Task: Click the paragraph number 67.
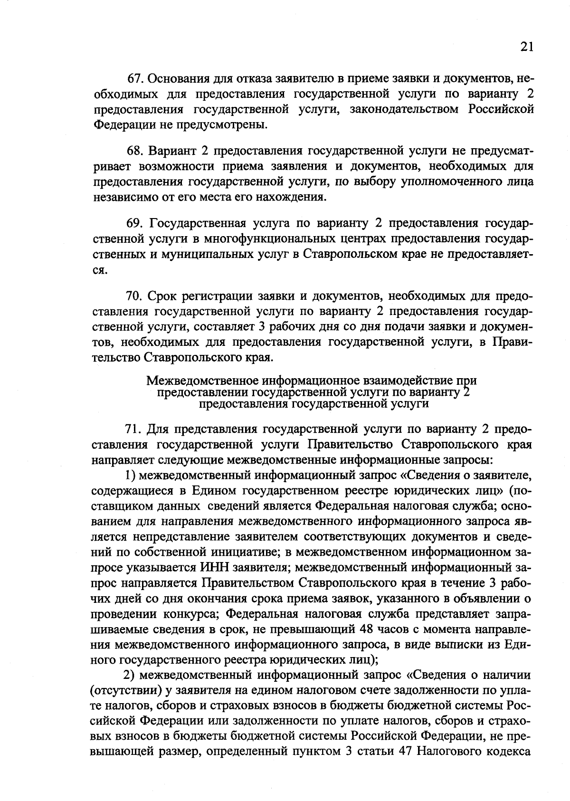[137, 78]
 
